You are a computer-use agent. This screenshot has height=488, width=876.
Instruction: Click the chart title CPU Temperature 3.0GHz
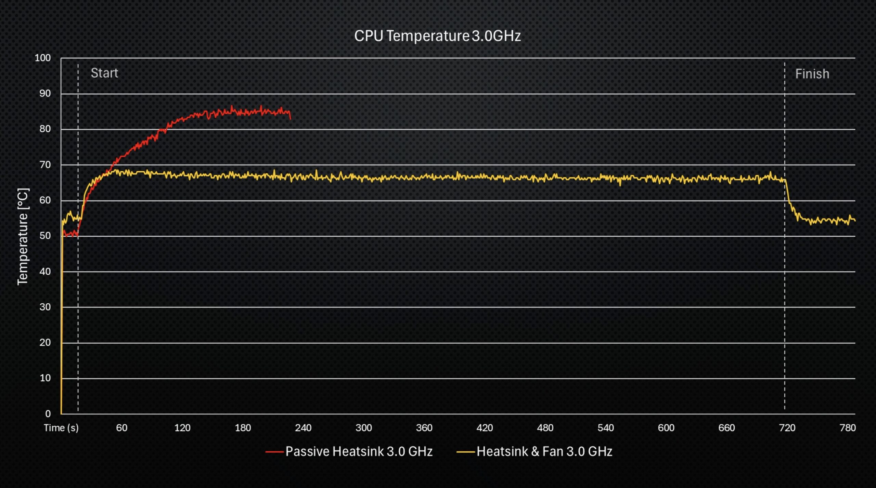coord(437,36)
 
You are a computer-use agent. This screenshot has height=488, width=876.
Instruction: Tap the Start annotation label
coord(104,73)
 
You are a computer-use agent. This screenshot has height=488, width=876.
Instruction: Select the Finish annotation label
coord(812,74)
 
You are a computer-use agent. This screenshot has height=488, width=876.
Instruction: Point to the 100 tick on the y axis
coord(43,58)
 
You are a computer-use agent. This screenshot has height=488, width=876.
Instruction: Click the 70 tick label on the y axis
coord(45,165)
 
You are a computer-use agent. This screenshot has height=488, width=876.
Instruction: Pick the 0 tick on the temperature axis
coord(48,414)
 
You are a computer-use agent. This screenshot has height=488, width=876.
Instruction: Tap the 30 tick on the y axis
coord(45,307)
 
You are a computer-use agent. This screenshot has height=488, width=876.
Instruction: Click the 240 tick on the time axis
coord(303,428)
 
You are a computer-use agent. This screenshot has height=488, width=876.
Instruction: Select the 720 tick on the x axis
coord(787,428)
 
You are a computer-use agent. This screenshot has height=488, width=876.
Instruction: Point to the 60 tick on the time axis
coord(122,428)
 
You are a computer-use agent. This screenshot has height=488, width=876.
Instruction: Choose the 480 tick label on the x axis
coord(545,428)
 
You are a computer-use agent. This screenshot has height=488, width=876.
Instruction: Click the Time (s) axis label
coord(61,428)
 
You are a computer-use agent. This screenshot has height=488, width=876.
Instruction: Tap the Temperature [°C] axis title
coord(23,236)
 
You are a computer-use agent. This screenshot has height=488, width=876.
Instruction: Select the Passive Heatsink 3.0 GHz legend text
coord(359,452)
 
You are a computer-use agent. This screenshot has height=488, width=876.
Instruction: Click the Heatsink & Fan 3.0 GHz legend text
coord(544,452)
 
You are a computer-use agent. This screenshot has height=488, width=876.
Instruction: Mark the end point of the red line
coord(291,119)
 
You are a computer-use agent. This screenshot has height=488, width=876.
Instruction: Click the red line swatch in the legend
coord(274,452)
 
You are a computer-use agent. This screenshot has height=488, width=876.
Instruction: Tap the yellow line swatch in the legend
coord(466,452)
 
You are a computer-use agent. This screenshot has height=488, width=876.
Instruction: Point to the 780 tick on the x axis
coord(848,428)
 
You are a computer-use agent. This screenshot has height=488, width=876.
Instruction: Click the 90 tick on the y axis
coord(45,94)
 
